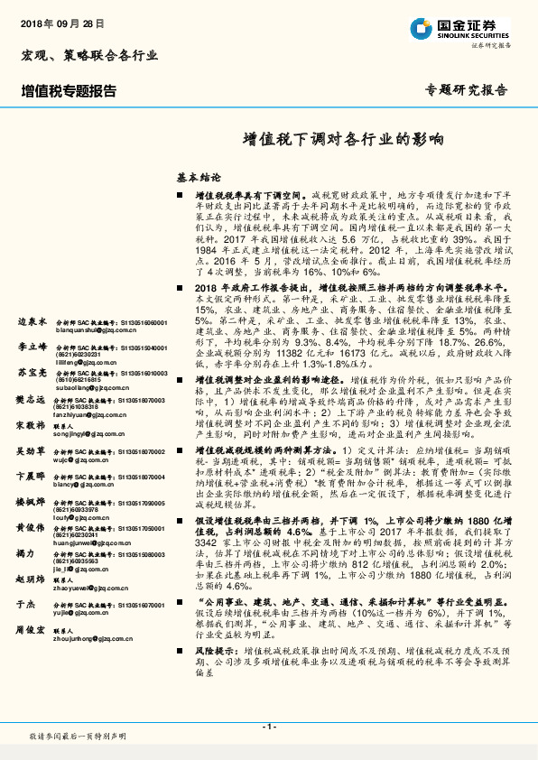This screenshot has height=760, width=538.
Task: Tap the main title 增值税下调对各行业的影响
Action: [344, 141]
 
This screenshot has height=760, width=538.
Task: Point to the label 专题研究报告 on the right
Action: [466, 90]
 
